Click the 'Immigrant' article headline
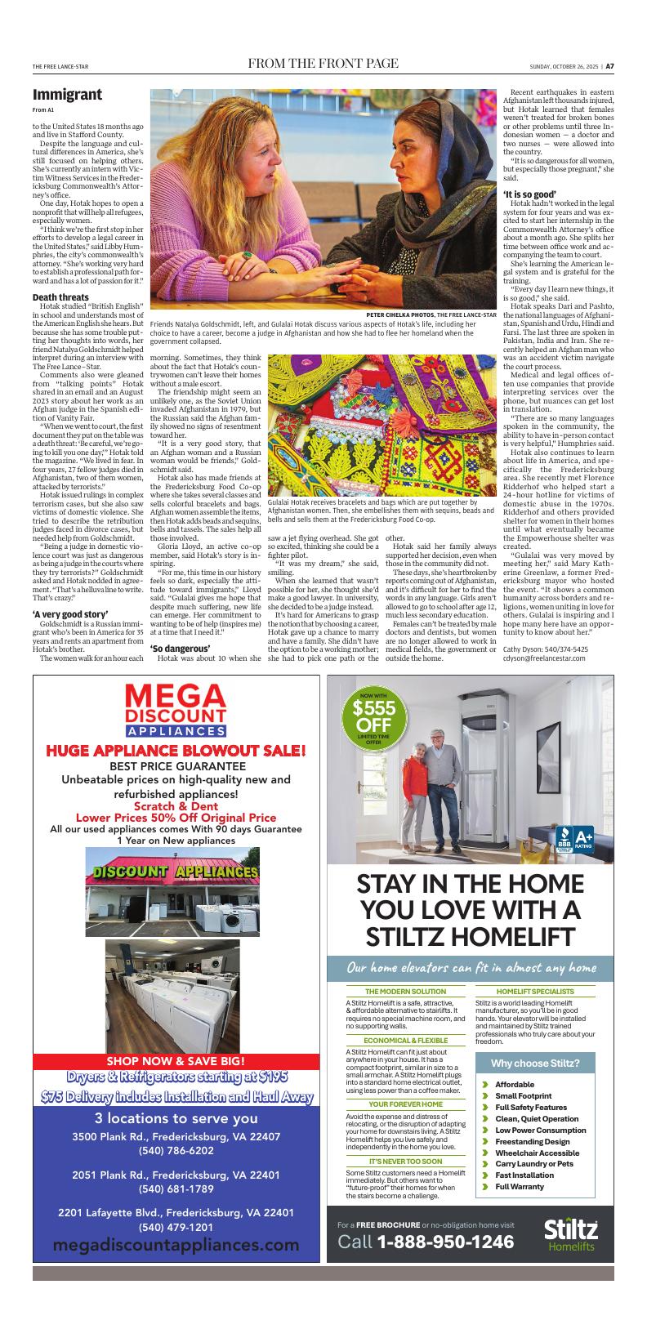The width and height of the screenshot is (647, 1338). tap(68, 95)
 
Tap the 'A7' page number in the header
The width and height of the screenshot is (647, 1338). tap(609, 66)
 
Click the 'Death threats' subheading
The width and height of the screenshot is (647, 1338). tap(60, 297)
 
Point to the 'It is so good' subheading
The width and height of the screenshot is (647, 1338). tap(533, 194)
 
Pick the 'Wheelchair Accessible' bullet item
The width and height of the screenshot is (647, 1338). tap(537, 1153)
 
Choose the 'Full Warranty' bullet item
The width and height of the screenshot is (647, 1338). tap(519, 1186)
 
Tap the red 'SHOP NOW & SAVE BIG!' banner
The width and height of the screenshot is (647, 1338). tap(176, 1061)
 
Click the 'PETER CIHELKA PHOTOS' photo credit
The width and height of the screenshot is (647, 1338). tap(400, 314)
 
